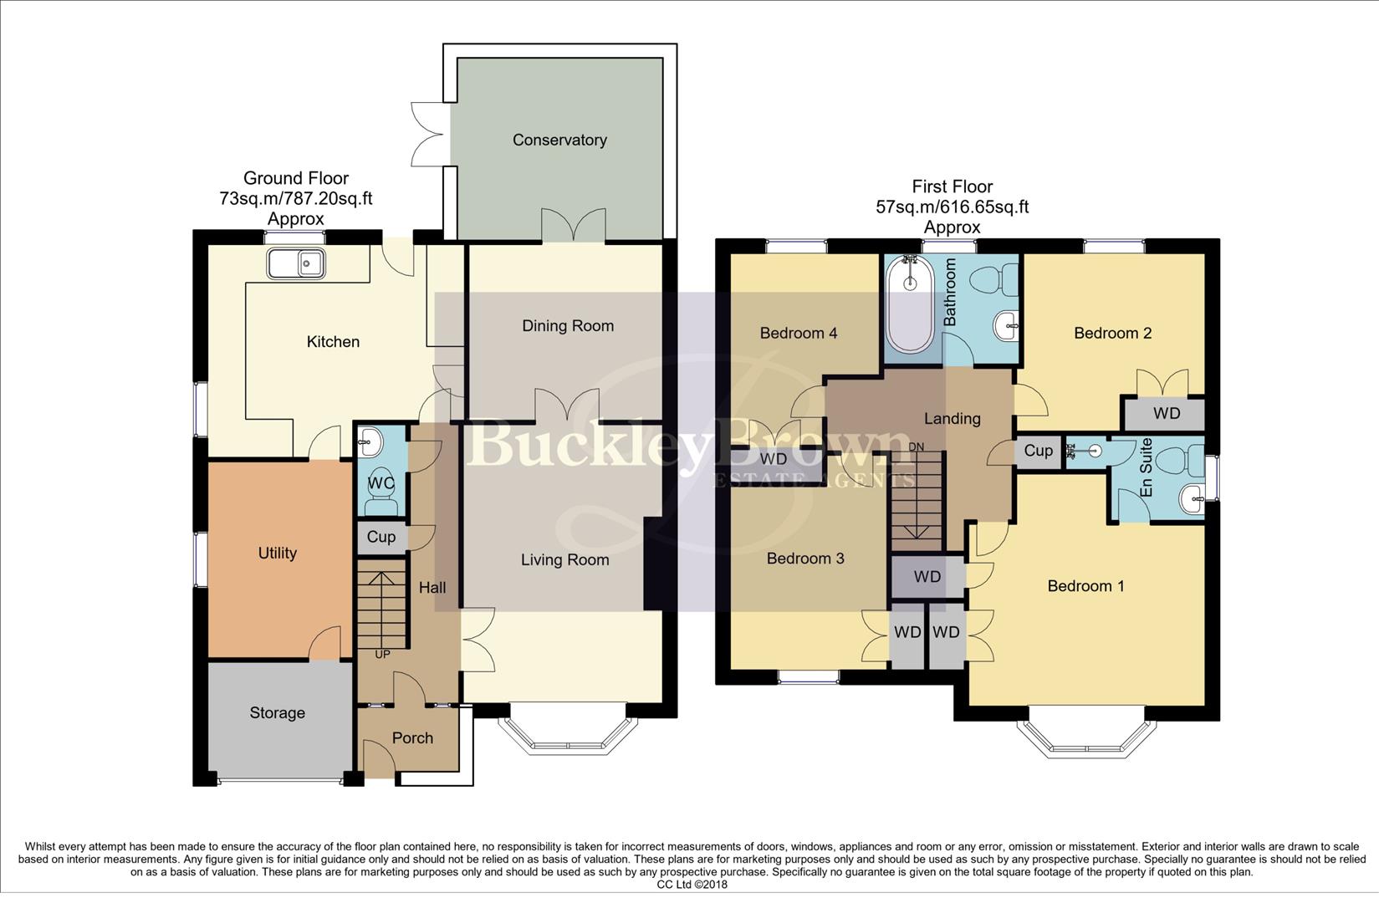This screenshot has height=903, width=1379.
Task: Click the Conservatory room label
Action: click(x=559, y=140)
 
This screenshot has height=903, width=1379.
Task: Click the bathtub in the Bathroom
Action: click(x=910, y=306)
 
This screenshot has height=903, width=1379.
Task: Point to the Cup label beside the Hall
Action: click(x=381, y=537)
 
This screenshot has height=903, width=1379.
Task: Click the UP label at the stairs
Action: click(x=382, y=655)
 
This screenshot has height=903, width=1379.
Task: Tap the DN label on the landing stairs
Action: click(x=917, y=447)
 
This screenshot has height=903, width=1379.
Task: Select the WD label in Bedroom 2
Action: click(x=1166, y=414)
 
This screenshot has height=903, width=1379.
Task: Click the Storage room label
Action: click(x=277, y=713)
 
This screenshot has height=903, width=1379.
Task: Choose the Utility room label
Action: click(x=277, y=554)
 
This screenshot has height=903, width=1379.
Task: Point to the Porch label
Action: click(x=412, y=738)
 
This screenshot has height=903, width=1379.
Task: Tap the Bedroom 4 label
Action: click(x=798, y=334)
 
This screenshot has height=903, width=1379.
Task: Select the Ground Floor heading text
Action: click(x=295, y=178)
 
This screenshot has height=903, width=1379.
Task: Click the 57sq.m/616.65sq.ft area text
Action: click(x=952, y=207)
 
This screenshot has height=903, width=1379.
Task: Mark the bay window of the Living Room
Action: click(x=566, y=732)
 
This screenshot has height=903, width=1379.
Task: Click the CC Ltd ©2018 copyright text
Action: click(x=691, y=885)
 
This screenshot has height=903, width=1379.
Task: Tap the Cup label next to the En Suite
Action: click(x=1038, y=451)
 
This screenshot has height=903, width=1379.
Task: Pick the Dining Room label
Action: click(x=567, y=326)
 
